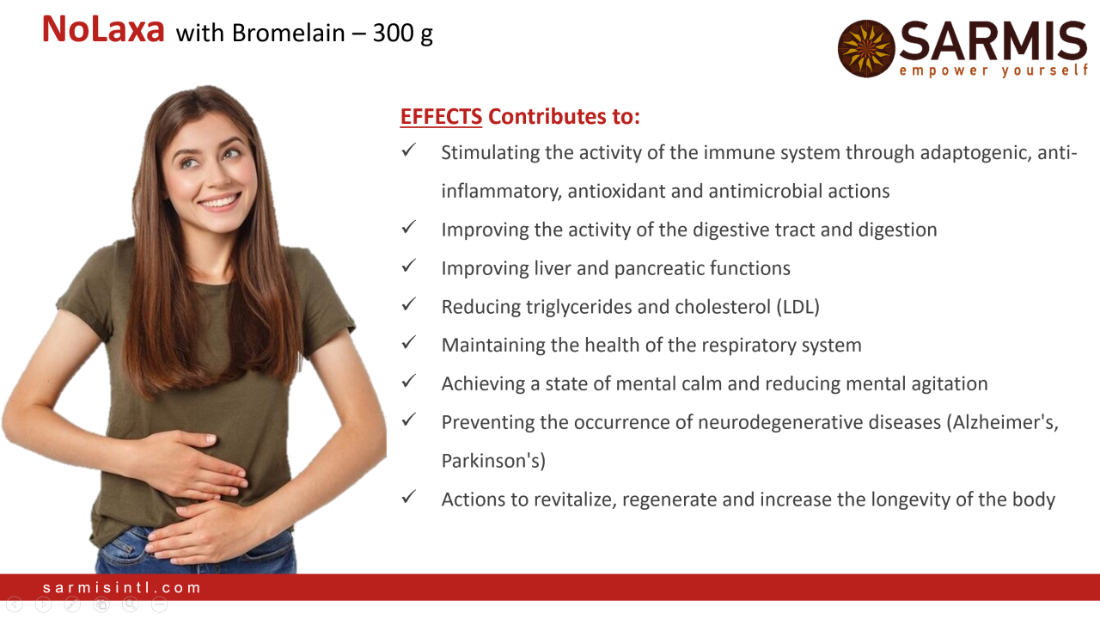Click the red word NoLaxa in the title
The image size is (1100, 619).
tap(103, 29)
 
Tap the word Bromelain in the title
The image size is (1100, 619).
tap(289, 33)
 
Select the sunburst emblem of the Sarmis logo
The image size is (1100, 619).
tap(866, 48)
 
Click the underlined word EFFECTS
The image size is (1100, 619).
tap(441, 116)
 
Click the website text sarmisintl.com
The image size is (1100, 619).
tap(122, 587)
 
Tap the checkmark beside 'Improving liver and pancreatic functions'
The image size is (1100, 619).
tap(408, 266)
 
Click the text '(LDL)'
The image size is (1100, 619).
tap(798, 307)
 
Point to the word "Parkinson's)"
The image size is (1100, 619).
tap(493, 461)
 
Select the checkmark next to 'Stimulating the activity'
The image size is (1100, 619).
tap(408, 150)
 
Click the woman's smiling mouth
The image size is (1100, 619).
tap(219, 201)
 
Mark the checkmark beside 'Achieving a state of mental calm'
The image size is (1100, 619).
tap(408, 381)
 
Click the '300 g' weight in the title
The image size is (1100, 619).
tap(403, 34)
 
